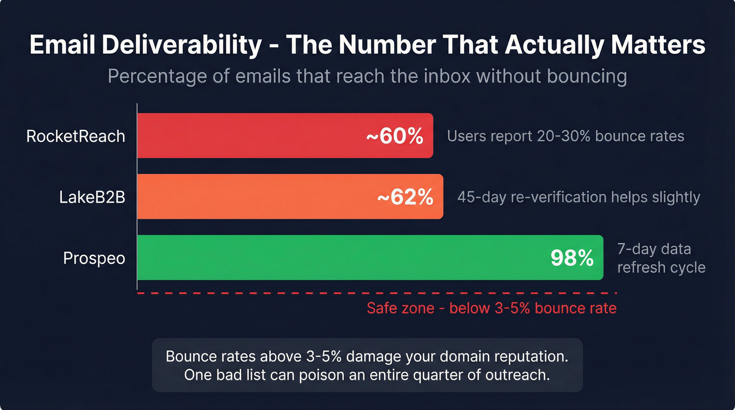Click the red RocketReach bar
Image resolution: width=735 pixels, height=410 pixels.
[252, 135]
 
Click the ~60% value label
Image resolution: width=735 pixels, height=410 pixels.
[394, 136]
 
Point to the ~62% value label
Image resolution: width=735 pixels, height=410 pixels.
[405, 197]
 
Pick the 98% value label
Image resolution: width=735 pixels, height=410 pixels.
[572, 258]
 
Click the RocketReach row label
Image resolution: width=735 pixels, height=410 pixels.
[76, 136]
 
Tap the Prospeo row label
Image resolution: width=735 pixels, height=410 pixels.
[94, 258]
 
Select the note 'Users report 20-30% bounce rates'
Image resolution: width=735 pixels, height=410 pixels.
[565, 136]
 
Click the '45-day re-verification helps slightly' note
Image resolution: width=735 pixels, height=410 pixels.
[579, 197]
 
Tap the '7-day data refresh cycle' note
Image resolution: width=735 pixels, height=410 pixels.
[661, 258]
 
